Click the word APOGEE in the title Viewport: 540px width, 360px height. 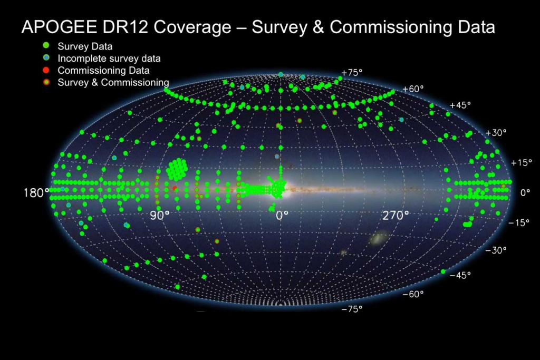tap(59, 27)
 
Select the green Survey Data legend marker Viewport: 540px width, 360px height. tap(46, 46)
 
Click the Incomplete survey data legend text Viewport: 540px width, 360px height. tap(109, 59)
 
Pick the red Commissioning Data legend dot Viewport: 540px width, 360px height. tap(46, 70)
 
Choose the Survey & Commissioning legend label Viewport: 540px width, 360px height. tap(113, 83)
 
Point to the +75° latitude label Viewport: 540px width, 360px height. tap(352, 73)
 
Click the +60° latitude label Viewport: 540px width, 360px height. tap(413, 89)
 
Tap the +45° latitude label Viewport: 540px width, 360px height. tap(460, 105)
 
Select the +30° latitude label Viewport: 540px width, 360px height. tap(496, 132)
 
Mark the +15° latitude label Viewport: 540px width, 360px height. tap(520, 162)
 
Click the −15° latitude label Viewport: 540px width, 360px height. tap(519, 222)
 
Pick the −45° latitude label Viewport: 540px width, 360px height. tap(460, 275)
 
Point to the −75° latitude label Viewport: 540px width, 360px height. tap(352, 309)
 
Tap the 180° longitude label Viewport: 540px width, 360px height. tap(36, 193)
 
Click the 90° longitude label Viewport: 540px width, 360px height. tap(160, 216)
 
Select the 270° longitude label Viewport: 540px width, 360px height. tap(396, 216)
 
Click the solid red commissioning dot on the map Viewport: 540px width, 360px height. tap(175, 188)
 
